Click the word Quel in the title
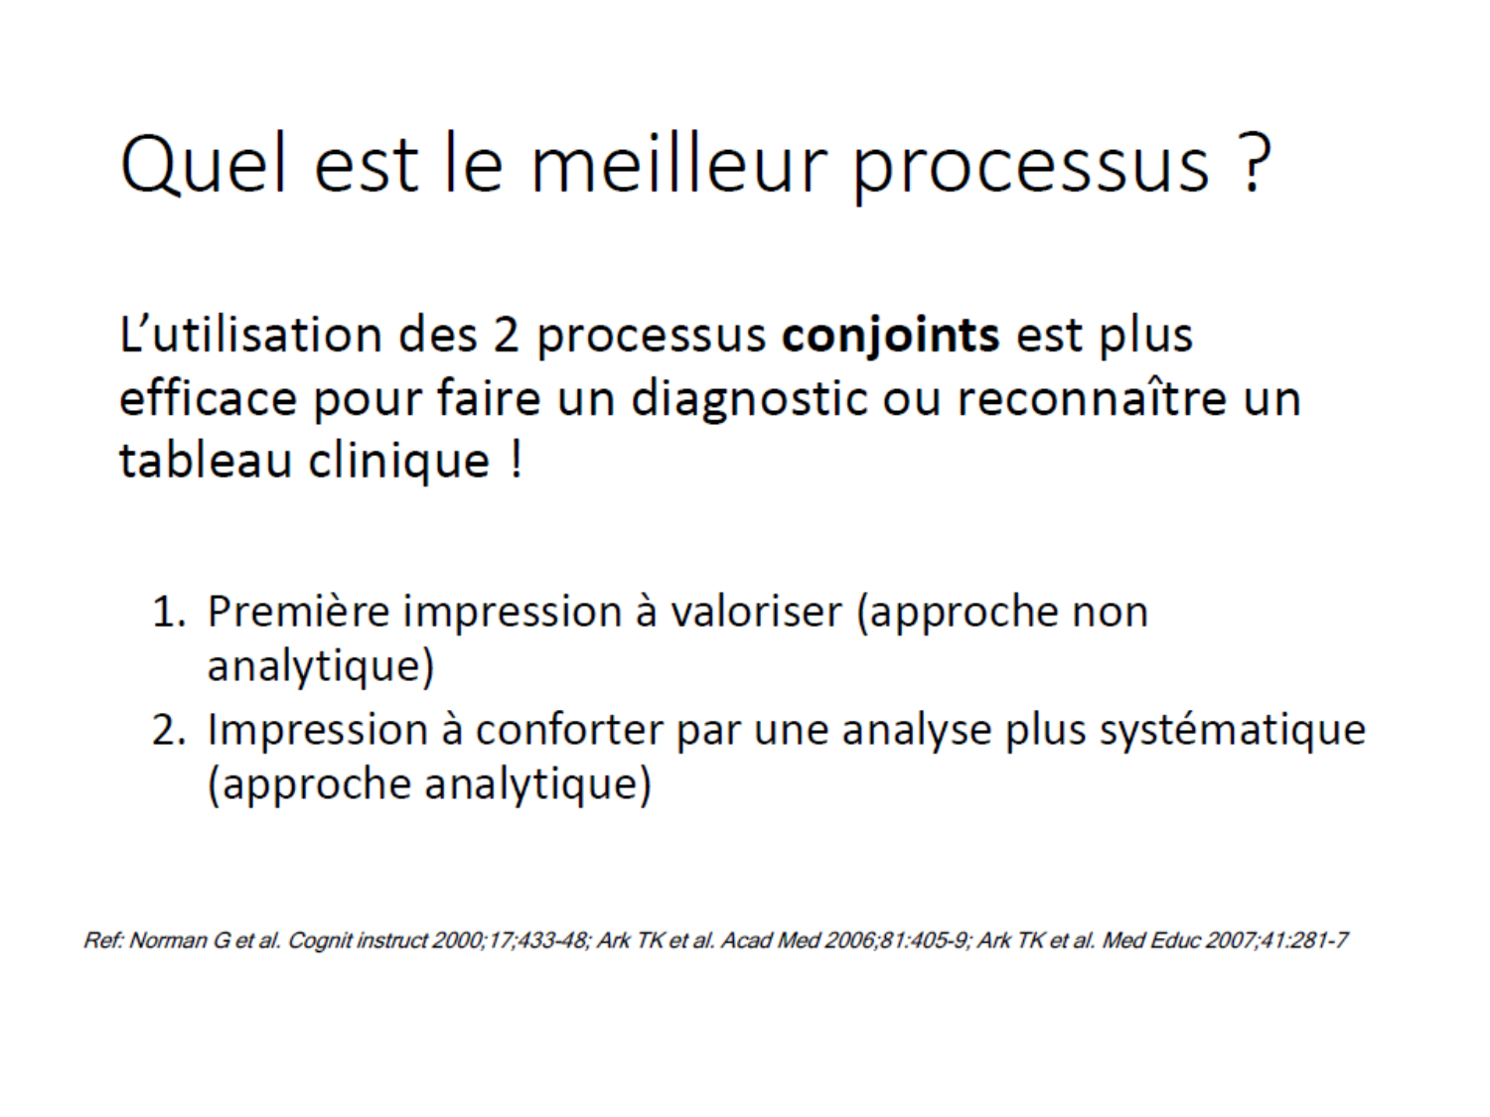(x=203, y=164)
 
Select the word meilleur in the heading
(x=678, y=164)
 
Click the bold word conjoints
(x=890, y=336)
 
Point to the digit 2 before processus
(x=506, y=336)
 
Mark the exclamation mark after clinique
(x=517, y=460)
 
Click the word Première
(x=298, y=612)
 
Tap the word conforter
(x=569, y=731)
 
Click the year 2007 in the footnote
(x=1230, y=940)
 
